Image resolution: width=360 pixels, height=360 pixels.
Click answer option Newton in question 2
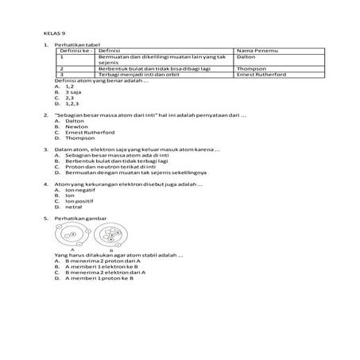75,126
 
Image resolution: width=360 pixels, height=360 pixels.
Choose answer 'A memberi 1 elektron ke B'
100,266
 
